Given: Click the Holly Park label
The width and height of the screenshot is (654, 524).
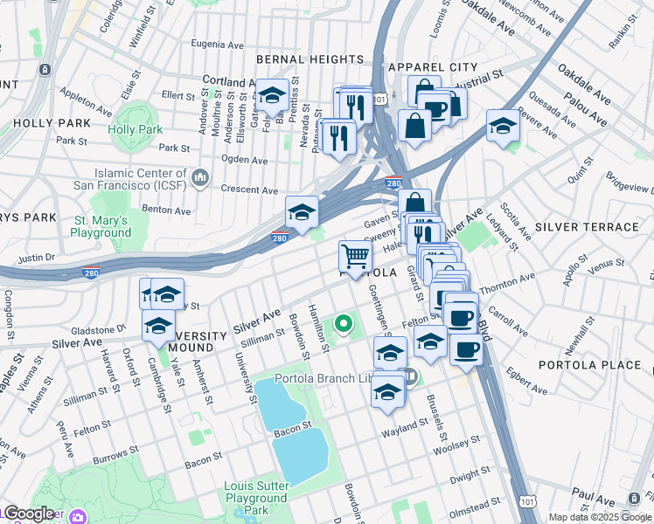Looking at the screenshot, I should (136, 129).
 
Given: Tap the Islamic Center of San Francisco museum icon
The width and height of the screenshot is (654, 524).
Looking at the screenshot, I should (200, 178).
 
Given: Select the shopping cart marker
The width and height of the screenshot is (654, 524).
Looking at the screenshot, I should (355, 258).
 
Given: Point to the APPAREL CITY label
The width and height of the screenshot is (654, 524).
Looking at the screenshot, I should (433, 67).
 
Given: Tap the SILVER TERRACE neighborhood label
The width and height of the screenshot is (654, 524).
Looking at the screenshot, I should (587, 227).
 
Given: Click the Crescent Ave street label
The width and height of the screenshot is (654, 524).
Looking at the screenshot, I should (249, 190).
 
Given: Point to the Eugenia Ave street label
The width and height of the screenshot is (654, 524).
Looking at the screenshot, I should (219, 43).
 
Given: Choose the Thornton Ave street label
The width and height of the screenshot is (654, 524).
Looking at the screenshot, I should (509, 281).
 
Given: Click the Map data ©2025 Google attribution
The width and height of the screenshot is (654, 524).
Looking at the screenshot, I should (600, 517).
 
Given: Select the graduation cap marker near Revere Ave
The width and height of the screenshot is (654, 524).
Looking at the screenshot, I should (503, 126).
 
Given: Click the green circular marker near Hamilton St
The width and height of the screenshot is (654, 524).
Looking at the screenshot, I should (344, 327).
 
